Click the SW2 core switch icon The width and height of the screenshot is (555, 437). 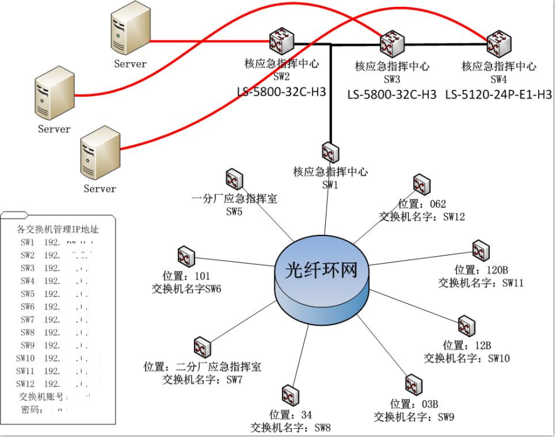pyautogui.click(x=278, y=41)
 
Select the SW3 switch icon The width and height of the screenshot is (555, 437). pyautogui.click(x=392, y=43)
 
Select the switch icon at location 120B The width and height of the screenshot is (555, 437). pyautogui.click(x=481, y=250)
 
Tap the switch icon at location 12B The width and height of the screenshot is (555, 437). pyautogui.click(x=465, y=326)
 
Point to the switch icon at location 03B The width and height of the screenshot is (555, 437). pyautogui.click(x=412, y=384)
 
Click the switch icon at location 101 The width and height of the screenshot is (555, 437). pyautogui.click(x=186, y=256)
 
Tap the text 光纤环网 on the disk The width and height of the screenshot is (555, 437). pyautogui.click(x=321, y=270)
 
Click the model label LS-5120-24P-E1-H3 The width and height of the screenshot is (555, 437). pyautogui.click(x=498, y=95)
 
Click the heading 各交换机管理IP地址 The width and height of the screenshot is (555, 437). pyautogui.click(x=58, y=229)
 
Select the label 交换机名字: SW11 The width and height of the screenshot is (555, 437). pyautogui.click(x=481, y=283)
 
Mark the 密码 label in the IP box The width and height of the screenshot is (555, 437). pyautogui.click(x=31, y=410)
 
